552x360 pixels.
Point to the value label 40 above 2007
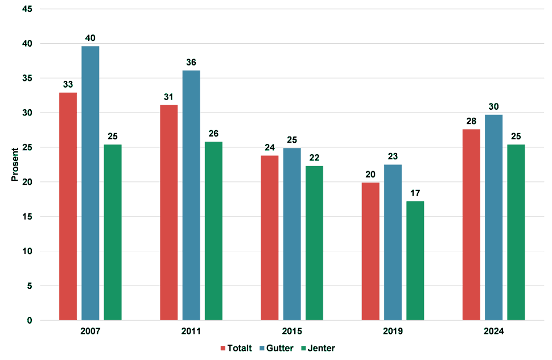[90, 39]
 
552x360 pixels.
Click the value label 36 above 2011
[191, 63]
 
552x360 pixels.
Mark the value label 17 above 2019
[415, 193]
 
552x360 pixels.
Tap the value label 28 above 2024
[471, 122]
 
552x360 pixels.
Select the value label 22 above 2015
[314, 158]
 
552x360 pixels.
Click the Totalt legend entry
[236, 348]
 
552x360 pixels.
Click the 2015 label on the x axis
[292, 331]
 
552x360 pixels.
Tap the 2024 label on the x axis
[493, 331]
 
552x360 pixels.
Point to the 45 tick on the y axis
[27, 9]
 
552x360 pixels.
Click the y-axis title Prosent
[15, 165]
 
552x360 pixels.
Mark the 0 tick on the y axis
[30, 321]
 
